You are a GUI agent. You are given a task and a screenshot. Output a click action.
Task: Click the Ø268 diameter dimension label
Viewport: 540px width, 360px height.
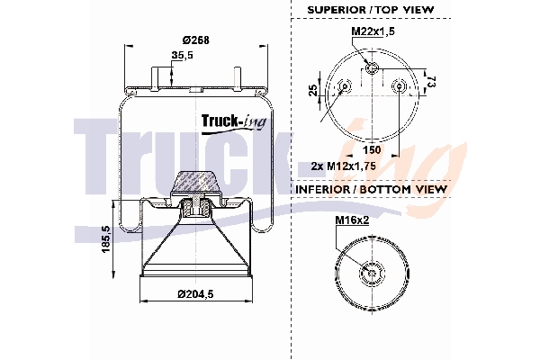coord(196,39)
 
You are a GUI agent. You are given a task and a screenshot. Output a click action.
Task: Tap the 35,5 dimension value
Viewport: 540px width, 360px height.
coord(184,56)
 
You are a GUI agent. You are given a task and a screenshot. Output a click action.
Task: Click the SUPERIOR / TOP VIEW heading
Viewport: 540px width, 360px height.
coord(370,9)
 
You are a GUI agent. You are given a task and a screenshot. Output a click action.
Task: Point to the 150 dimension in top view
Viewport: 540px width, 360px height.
coord(371,149)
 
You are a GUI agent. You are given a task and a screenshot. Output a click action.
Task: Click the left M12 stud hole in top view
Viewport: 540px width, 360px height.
coord(344,87)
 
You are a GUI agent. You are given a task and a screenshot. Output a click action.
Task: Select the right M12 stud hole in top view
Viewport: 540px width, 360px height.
coord(400,87)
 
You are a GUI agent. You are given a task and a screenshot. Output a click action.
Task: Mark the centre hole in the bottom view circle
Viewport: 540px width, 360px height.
coord(371,274)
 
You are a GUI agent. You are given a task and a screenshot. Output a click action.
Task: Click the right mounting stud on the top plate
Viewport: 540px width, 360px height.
coord(238,76)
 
